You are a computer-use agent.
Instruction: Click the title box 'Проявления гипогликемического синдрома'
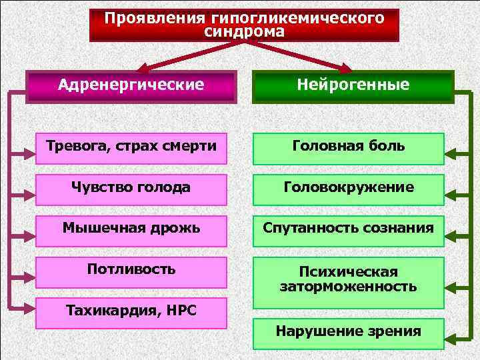tap(244, 25)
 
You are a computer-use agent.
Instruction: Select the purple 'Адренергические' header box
tap(131, 86)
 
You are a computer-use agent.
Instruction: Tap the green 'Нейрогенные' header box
tap(353, 86)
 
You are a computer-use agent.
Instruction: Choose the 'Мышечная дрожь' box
tap(131, 229)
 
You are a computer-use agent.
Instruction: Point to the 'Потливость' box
tap(131, 269)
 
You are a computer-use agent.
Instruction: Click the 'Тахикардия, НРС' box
tap(131, 311)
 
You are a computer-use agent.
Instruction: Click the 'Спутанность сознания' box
tap(348, 229)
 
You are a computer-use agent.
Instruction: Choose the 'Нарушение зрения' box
tap(348, 331)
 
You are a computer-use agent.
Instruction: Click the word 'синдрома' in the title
tap(244, 33)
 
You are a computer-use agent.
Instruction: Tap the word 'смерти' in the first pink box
tap(193, 146)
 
